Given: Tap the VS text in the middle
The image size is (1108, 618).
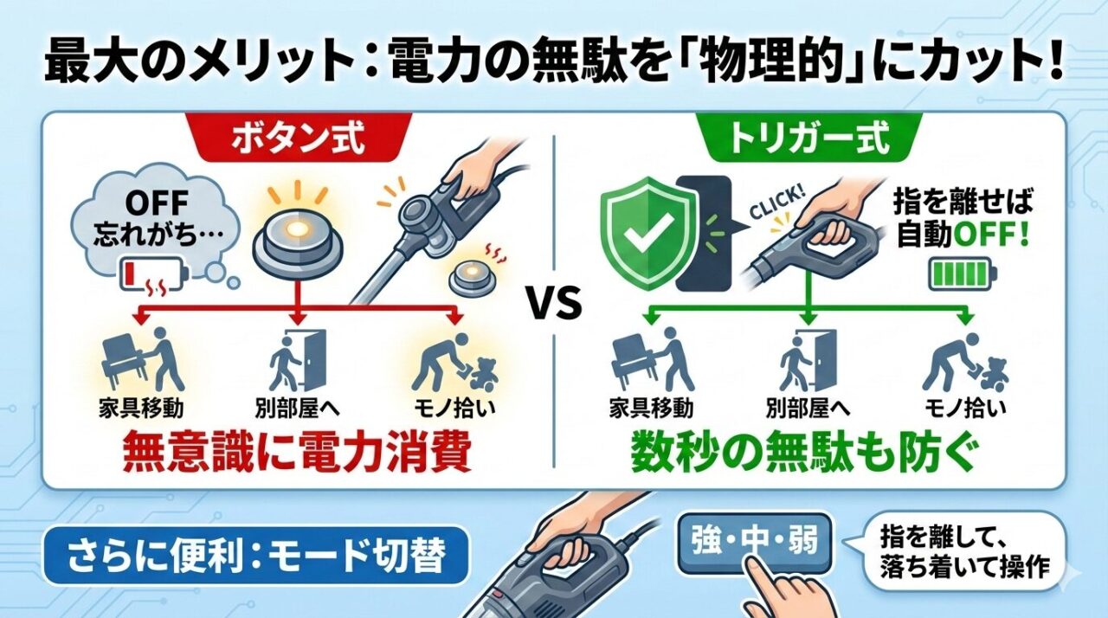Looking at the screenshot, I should point(553,305).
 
